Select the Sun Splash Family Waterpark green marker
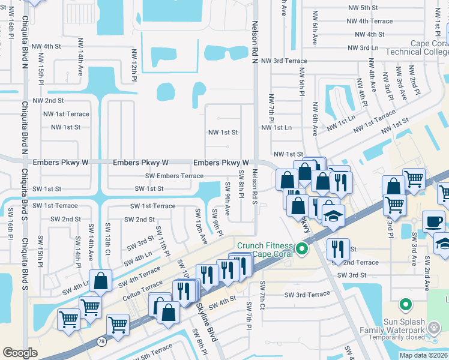click(405, 304)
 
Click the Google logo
click(20, 353)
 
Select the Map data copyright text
click(423, 355)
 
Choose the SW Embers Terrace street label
click(174, 176)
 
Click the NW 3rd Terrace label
click(283, 61)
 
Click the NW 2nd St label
click(48, 101)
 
